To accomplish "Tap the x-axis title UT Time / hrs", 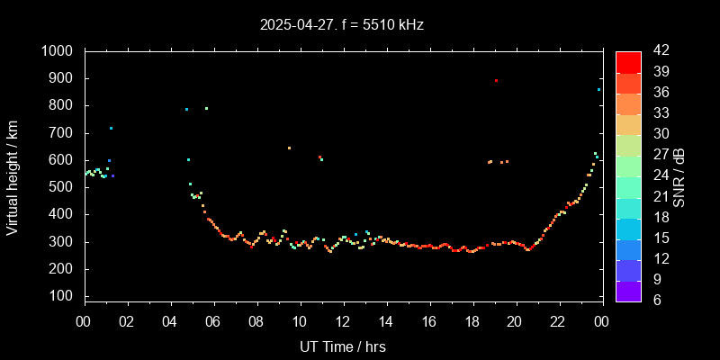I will (343, 346).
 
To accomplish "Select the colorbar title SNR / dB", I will (679, 176).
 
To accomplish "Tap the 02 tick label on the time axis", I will (127, 321).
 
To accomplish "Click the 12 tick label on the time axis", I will (343, 321).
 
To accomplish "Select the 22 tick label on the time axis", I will (558, 321).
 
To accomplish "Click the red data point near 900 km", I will (496, 81).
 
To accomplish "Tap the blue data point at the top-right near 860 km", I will (598, 89).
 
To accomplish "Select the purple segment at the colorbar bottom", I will (628, 290).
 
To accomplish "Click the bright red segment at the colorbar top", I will (628, 61).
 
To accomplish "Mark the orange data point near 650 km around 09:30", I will (289, 148).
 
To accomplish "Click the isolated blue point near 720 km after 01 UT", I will (111, 128).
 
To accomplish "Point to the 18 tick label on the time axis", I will (472, 321).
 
